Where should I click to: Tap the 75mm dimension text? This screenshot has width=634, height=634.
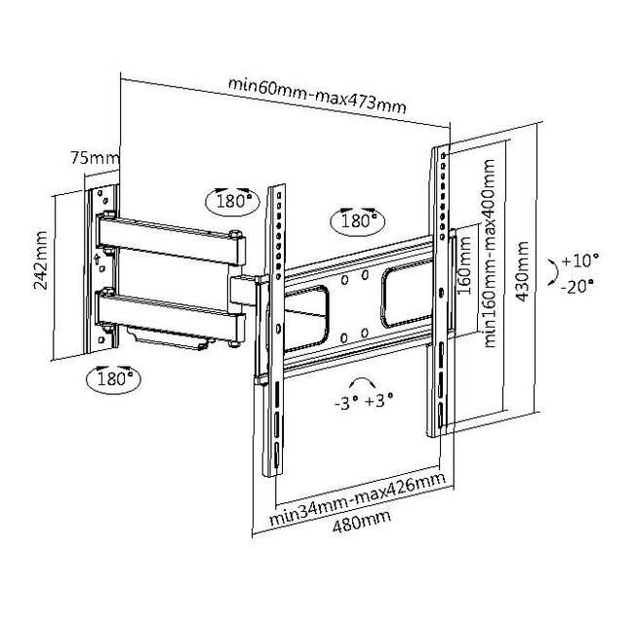[x=95, y=156]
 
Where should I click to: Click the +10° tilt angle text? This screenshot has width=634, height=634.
[x=580, y=261]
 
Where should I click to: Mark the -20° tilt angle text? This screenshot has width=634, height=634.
[x=580, y=286]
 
